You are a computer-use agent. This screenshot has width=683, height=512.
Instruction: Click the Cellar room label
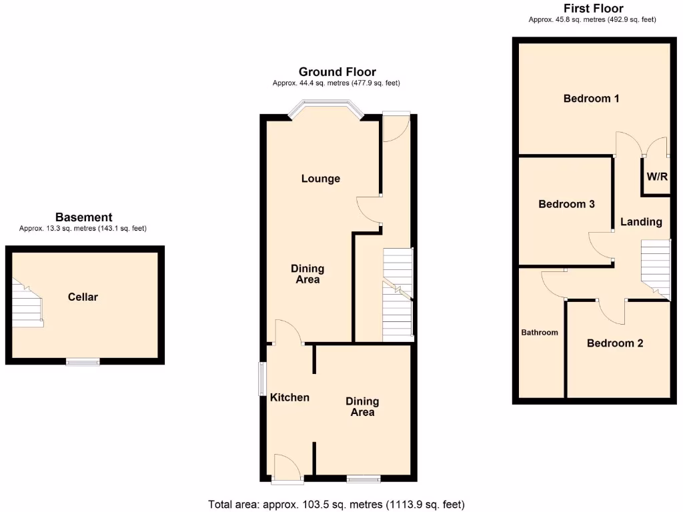point(83,297)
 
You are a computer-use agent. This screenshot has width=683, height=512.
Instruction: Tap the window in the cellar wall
point(83,362)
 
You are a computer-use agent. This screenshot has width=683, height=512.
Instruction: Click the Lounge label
point(320,179)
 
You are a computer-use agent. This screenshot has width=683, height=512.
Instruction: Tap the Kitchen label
point(289,397)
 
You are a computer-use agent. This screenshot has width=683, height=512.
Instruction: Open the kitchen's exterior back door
point(287,467)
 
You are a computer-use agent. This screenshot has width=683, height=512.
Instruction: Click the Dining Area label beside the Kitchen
point(362,407)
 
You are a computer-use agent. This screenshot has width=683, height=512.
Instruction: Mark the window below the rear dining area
point(364,478)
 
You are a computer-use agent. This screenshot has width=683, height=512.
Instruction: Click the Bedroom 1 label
point(591,99)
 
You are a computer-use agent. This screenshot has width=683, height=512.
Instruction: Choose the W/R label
point(657,177)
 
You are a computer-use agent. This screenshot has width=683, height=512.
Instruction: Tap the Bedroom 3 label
point(566,204)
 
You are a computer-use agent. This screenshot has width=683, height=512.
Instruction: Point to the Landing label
point(641,222)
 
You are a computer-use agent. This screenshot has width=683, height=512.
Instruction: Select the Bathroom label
point(540,332)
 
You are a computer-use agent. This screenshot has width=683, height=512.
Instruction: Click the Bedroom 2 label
point(615,343)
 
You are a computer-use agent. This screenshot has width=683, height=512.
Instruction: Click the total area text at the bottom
point(336,504)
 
